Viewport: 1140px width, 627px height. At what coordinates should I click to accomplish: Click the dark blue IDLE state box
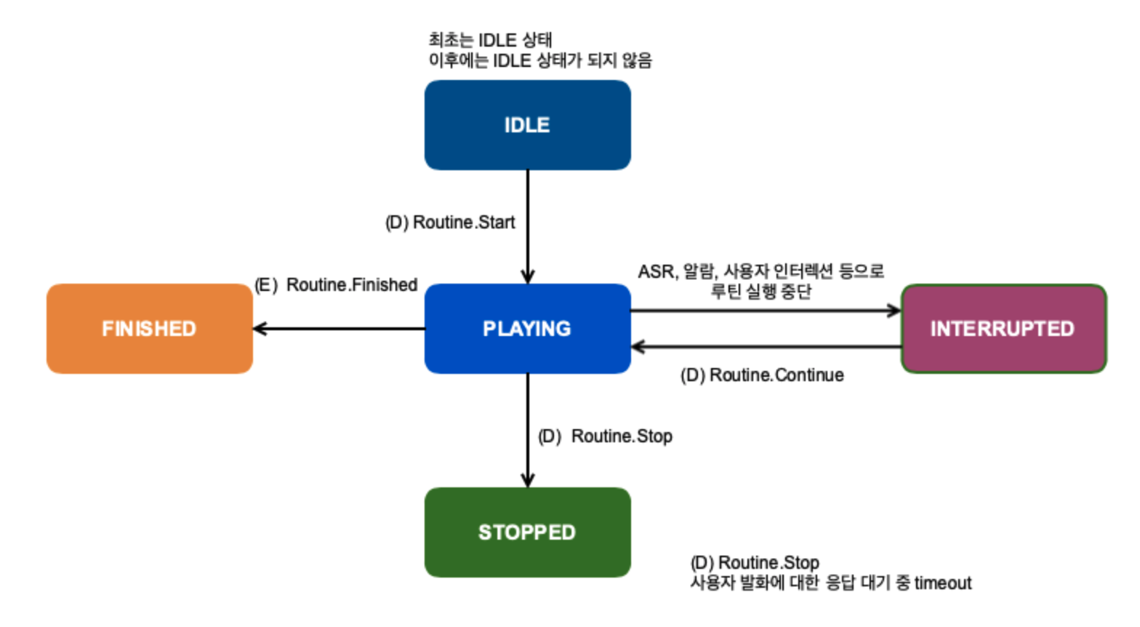[527, 125]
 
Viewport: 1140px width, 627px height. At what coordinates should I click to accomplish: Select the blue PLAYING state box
[527, 329]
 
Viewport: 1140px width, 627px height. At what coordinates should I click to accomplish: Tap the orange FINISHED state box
[149, 329]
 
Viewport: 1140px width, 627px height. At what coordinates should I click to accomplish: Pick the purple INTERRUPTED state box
[1003, 329]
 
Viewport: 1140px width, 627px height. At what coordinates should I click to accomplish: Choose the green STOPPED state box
[527, 532]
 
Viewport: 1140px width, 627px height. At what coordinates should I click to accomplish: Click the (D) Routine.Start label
[450, 223]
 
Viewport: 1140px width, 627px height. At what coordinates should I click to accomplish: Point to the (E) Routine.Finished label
[336, 285]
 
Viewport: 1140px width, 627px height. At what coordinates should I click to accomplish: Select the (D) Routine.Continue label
[762, 375]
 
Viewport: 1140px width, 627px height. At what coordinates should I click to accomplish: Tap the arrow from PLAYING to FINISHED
[342, 329]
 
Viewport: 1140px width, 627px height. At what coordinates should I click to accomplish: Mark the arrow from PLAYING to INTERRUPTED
[763, 311]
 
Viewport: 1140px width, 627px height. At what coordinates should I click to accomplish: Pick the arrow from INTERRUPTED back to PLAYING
[763, 347]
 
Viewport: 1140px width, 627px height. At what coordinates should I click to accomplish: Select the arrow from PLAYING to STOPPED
[528, 429]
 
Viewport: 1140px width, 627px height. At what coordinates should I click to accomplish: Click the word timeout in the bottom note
[942, 583]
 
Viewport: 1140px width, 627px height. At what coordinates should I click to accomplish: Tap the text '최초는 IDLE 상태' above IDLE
[490, 40]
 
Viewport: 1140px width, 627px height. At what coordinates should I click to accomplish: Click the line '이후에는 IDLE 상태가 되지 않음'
[539, 60]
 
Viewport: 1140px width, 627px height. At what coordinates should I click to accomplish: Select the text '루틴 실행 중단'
[760, 292]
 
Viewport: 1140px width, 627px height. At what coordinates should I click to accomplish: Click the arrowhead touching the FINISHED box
[260, 329]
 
